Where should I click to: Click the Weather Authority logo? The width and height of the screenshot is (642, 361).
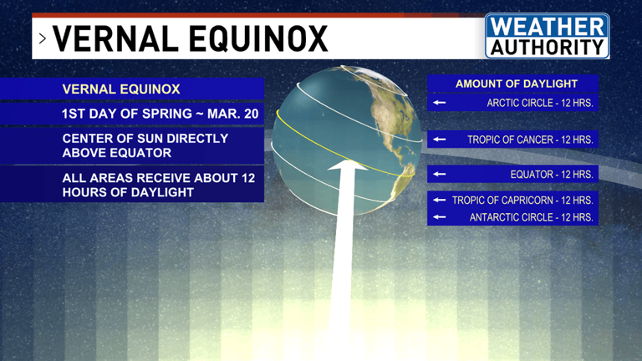tap(547, 36)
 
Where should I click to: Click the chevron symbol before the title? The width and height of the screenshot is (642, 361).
tap(42, 39)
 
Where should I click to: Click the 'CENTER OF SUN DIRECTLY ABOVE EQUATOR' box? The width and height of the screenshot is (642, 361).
tap(145, 145)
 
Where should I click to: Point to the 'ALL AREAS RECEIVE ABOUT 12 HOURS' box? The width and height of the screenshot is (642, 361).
tap(158, 185)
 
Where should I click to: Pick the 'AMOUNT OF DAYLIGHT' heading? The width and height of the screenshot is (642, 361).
tap(516, 84)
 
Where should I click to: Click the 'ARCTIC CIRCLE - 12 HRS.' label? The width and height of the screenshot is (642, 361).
tap(539, 103)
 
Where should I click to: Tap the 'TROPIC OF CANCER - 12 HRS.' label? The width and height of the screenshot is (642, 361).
tap(530, 140)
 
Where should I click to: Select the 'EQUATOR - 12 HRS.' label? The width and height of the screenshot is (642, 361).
tap(552, 175)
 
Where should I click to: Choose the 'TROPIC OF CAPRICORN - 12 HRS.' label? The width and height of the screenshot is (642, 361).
tap(522, 201)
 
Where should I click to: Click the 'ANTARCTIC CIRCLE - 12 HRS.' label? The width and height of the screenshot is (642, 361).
tap(531, 217)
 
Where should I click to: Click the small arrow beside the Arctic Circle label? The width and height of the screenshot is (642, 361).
tap(440, 103)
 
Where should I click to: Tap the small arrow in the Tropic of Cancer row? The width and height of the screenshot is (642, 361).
tap(440, 140)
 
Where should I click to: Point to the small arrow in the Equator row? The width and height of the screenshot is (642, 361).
tap(440, 175)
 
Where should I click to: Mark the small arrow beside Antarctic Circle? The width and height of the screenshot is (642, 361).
tap(440, 217)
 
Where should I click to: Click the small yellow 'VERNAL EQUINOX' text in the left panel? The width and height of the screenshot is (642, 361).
tap(120, 89)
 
